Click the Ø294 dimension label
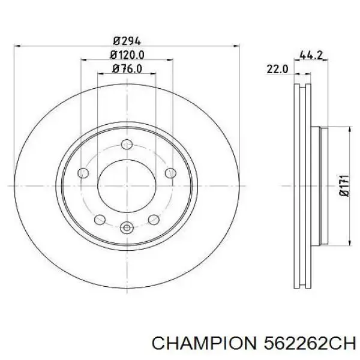pyautogui.click(x=127, y=41)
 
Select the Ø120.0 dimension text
pyautogui.click(x=127, y=55)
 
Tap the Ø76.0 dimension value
pyautogui.click(x=127, y=68)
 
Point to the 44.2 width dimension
pyautogui.click(x=311, y=55)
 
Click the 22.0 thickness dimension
pyautogui.click(x=277, y=69)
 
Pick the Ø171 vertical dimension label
pyautogui.click(x=344, y=185)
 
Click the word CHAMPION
pyautogui.click(x=204, y=350)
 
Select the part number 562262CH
pyautogui.click(x=310, y=350)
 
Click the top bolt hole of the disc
pyautogui.click(x=127, y=145)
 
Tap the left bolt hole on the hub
pyautogui.click(x=83, y=173)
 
